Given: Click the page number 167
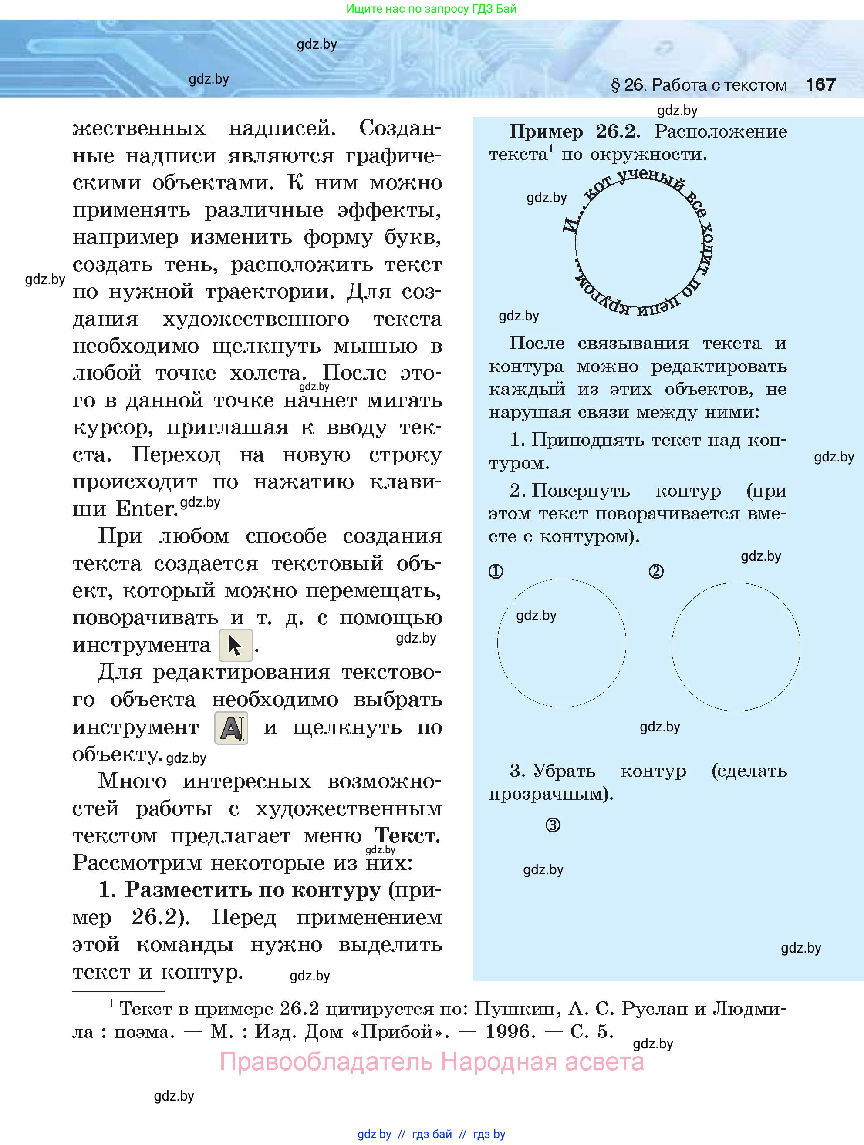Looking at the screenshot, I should click(x=820, y=84).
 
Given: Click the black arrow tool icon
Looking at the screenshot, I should click(x=236, y=646).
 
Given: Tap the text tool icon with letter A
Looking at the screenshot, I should click(x=231, y=728).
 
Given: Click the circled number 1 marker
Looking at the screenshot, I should click(x=496, y=572).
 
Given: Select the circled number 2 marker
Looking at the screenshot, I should click(x=656, y=572).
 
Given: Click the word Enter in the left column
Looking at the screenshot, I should click(x=146, y=509).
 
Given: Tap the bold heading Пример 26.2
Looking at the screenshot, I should click(x=574, y=131).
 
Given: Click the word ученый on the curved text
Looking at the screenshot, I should click(x=651, y=178).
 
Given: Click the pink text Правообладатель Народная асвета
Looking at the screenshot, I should click(x=432, y=1062).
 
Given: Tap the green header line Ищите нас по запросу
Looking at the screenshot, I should click(x=431, y=9).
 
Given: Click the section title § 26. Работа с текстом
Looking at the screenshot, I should click(x=699, y=85).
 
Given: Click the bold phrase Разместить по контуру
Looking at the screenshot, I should click(x=253, y=890).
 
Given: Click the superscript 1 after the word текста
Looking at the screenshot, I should click(x=551, y=149).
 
